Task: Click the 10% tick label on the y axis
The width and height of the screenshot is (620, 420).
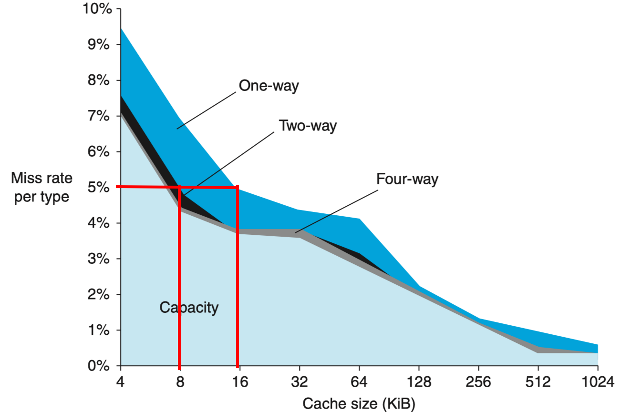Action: tap(97, 9)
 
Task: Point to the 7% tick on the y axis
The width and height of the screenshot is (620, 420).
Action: tap(101, 116)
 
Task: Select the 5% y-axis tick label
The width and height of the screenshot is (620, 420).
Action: tap(101, 187)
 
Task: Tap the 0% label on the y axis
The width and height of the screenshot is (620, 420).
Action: tap(101, 366)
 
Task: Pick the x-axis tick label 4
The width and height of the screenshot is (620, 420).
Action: tap(120, 383)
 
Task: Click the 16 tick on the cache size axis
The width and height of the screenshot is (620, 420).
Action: tap(240, 383)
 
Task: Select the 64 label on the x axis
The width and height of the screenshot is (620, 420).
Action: tap(359, 383)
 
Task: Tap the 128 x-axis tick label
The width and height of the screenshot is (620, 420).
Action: tap(419, 383)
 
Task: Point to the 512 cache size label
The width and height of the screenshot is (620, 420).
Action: tap(538, 383)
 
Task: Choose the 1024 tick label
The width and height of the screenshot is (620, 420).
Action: tap(598, 383)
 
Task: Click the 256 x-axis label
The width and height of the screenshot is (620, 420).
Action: tap(478, 383)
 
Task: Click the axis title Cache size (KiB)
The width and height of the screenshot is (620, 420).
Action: tap(359, 404)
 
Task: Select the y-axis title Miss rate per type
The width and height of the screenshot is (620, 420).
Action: tap(42, 187)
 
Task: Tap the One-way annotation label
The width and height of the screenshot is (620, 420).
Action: tap(269, 86)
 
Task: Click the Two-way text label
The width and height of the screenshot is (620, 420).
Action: tap(308, 126)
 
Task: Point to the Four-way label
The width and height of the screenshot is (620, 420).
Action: tap(407, 179)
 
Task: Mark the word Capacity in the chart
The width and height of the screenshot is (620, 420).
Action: tap(189, 308)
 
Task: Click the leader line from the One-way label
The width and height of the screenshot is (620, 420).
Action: tap(207, 110)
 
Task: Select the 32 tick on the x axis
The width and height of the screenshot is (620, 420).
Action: tap(299, 383)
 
